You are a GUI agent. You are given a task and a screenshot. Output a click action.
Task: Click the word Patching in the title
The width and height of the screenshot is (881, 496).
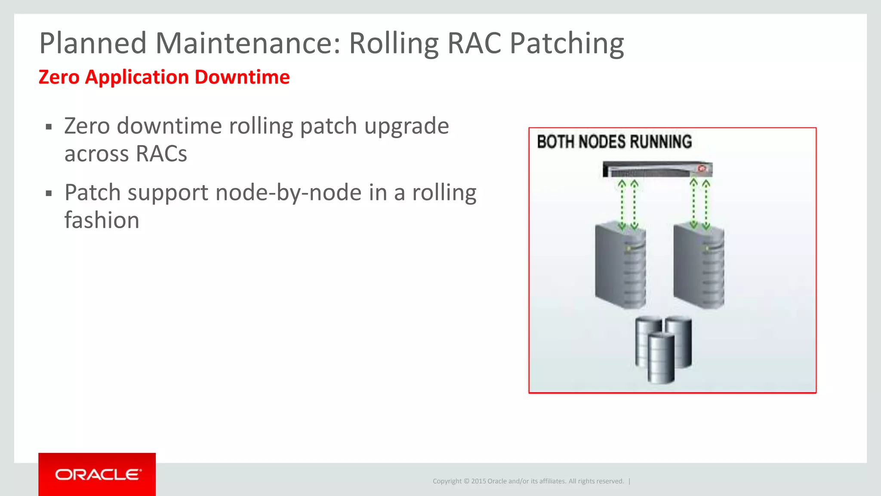[x=567, y=43]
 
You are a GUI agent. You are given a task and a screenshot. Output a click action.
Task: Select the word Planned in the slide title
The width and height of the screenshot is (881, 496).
[x=93, y=43]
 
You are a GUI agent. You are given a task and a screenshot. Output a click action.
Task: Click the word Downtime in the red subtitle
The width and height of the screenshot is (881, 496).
[x=242, y=77]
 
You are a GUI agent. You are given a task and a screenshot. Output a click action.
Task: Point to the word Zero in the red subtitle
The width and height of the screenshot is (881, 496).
[x=59, y=77]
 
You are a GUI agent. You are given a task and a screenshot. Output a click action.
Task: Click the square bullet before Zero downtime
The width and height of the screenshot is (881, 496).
[x=49, y=127]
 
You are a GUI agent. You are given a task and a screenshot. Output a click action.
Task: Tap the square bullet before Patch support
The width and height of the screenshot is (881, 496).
[x=49, y=194]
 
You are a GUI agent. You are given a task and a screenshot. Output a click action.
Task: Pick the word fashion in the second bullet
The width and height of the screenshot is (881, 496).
[x=102, y=220]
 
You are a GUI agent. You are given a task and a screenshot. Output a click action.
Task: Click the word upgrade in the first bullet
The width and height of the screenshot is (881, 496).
[x=407, y=126]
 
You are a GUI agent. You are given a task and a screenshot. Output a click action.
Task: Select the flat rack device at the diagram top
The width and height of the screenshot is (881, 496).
[x=657, y=169]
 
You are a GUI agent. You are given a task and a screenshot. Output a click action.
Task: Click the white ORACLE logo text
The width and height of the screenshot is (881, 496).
[x=98, y=474]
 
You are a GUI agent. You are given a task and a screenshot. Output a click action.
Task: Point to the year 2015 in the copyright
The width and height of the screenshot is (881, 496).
[x=478, y=481]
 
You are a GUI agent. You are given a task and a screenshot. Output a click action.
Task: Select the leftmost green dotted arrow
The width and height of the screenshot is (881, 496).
[x=622, y=205]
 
